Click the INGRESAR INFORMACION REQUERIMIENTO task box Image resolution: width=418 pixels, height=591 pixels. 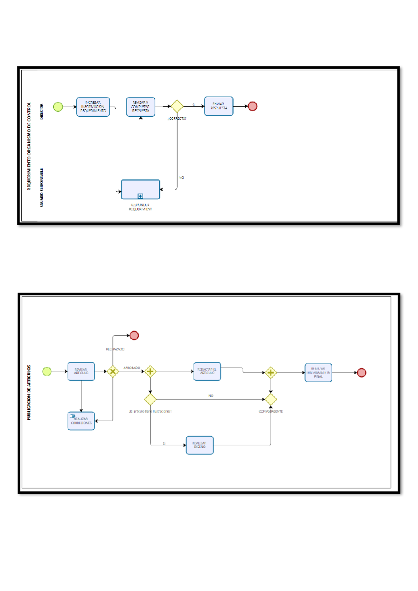click(93, 107)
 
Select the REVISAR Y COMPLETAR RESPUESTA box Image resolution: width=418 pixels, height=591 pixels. click(140, 107)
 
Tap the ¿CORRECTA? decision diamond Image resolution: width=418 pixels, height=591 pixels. click(177, 106)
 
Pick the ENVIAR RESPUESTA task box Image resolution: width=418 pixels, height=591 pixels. click(218, 106)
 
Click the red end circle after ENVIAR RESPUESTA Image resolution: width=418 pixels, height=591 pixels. click(253, 106)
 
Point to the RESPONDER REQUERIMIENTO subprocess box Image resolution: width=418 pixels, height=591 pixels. click(140, 189)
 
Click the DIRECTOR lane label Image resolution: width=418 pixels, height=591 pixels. click(42, 112)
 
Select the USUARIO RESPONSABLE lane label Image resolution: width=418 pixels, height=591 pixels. click(42, 187)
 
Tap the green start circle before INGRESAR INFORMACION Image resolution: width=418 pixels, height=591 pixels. click(58, 107)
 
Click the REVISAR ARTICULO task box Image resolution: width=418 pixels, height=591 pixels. click(81, 371)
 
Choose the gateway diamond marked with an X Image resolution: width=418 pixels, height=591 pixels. click(113, 371)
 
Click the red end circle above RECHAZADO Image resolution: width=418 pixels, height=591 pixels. click(134, 335)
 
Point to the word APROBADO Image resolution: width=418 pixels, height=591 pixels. click(132, 368)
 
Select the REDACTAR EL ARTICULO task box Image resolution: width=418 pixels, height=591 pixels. click(207, 371)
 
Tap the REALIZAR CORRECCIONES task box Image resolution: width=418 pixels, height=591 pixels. click(81, 421)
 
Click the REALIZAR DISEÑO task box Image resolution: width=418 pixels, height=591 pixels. click(200, 445)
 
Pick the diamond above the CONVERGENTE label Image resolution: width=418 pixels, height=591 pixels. click(271, 399)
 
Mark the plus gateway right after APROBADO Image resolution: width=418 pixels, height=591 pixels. click(150, 371)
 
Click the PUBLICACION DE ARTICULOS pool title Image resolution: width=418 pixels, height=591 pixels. click(29, 392)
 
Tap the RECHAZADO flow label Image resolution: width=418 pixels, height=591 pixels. click(115, 349)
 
